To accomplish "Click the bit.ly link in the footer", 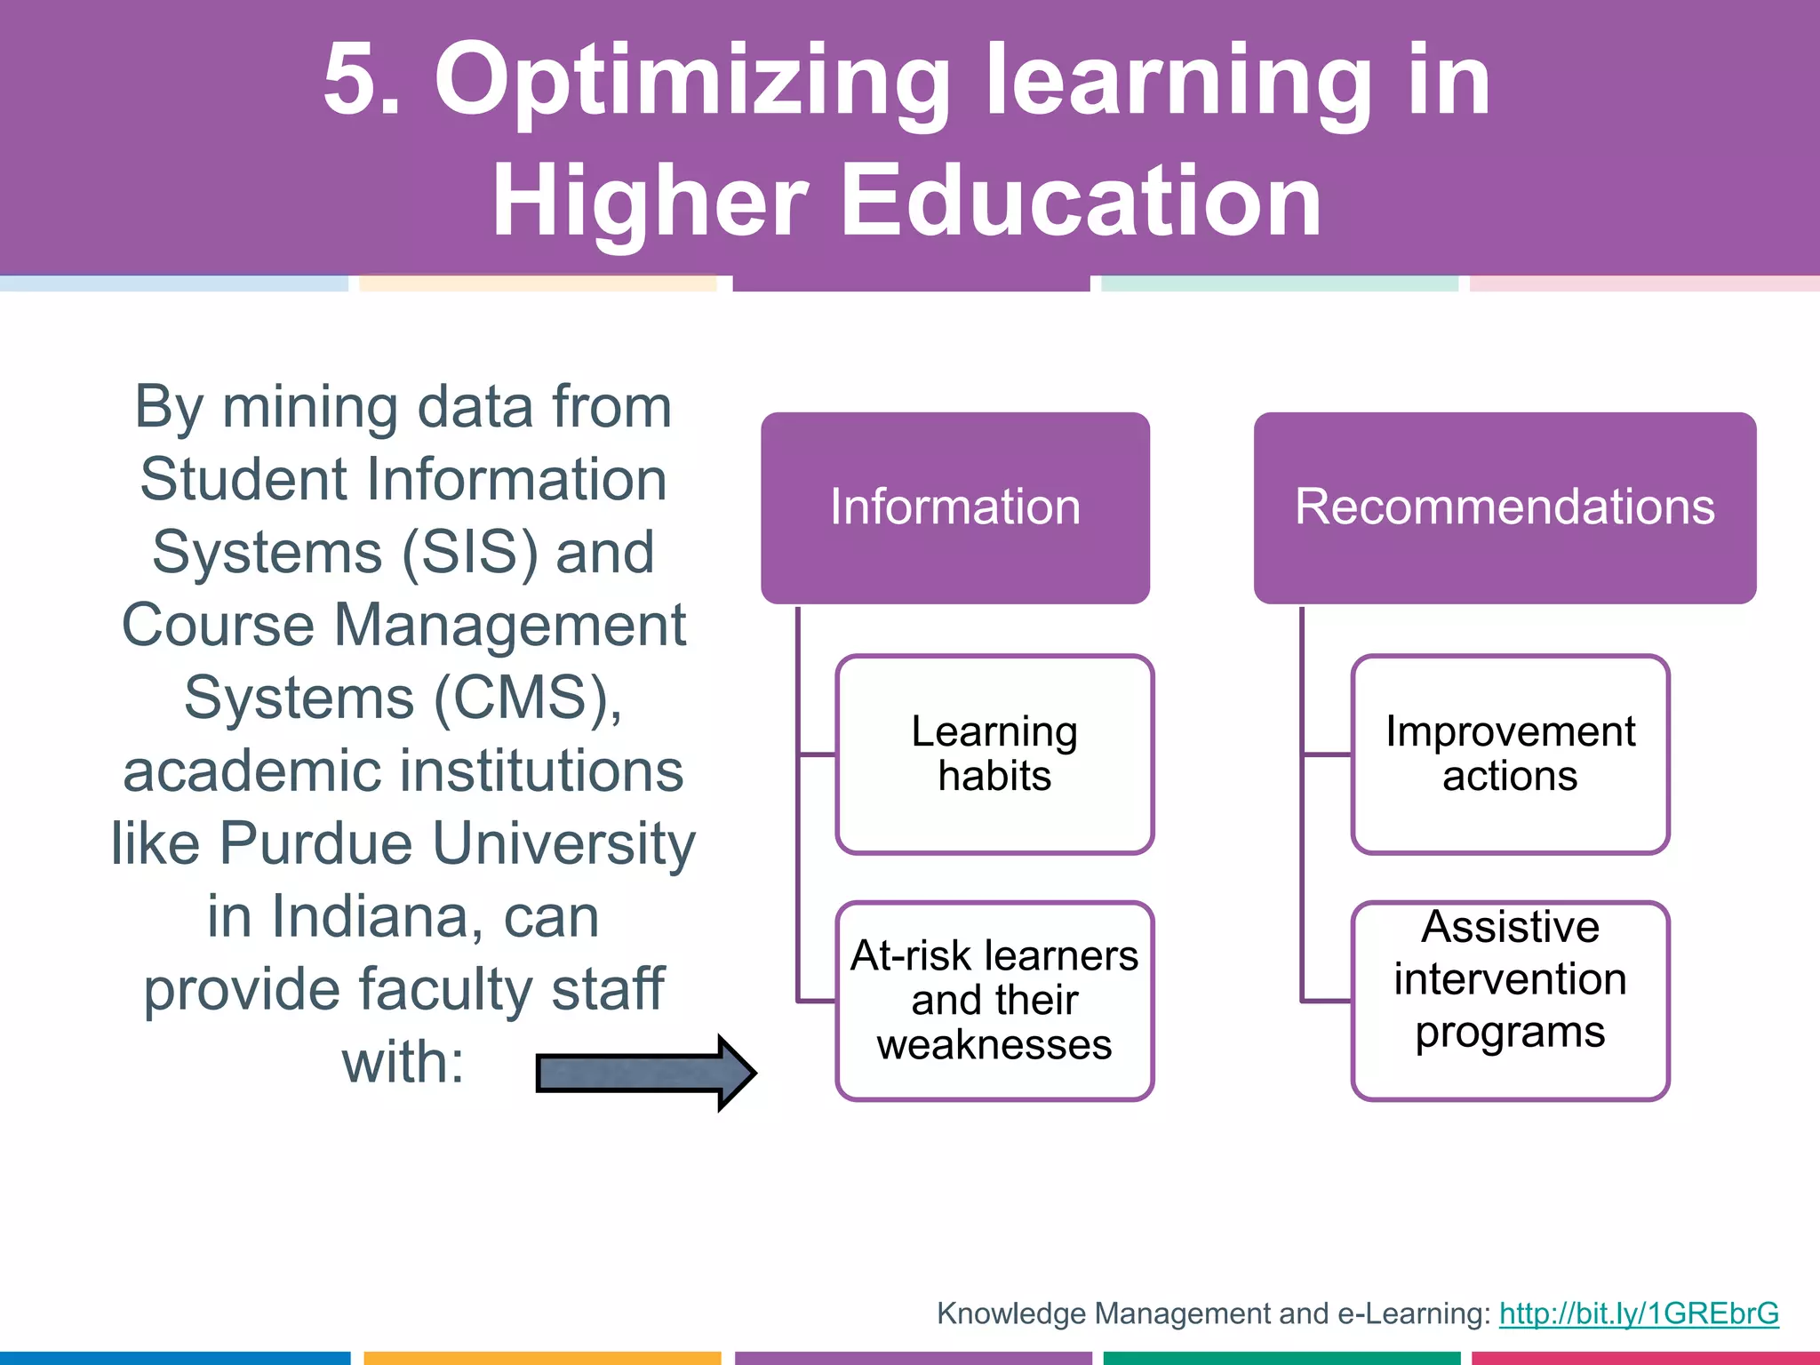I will click(x=1638, y=1313).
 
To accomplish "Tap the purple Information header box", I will click(x=955, y=507).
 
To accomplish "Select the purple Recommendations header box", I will click(x=1505, y=507).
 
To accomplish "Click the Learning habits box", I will click(x=994, y=754).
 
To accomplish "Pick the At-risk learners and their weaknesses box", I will click(x=994, y=1001).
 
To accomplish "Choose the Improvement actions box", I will click(x=1510, y=754).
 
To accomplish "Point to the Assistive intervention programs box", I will click(x=1510, y=1001).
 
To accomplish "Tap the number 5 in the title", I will click(x=354, y=80).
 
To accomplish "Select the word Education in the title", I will click(x=1080, y=202).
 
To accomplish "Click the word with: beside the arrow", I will click(x=403, y=1062).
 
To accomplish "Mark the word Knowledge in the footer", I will click(x=1010, y=1313).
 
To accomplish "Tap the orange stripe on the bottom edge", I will click(x=541, y=1358).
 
